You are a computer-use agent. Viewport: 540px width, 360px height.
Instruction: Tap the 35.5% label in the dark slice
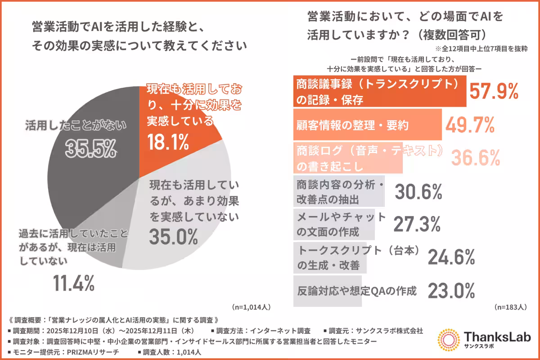coord(91,148)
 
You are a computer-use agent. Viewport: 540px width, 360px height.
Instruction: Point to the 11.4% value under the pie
coord(74,283)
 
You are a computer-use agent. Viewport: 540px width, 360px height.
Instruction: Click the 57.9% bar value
coord(494,91)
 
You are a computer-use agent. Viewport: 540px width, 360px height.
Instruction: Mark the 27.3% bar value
coord(416,224)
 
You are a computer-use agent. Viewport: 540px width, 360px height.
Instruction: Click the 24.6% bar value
coord(451,257)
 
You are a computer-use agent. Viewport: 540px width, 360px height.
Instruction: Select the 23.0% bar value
coord(451,290)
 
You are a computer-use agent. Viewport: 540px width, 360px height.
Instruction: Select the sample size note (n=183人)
coord(510,307)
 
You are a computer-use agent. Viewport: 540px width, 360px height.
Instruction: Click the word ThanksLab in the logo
coord(497,337)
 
